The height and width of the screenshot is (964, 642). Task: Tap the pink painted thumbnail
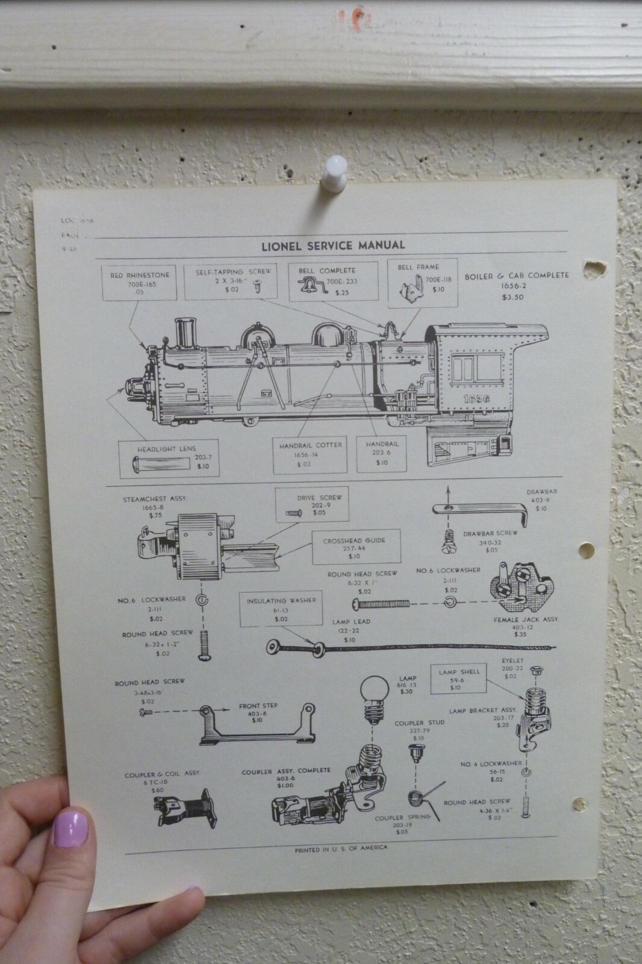(72, 829)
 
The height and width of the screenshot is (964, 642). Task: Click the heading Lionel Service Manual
(332, 245)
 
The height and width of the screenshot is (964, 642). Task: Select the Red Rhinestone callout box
(140, 284)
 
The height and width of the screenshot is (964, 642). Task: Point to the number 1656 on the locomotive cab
(476, 399)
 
